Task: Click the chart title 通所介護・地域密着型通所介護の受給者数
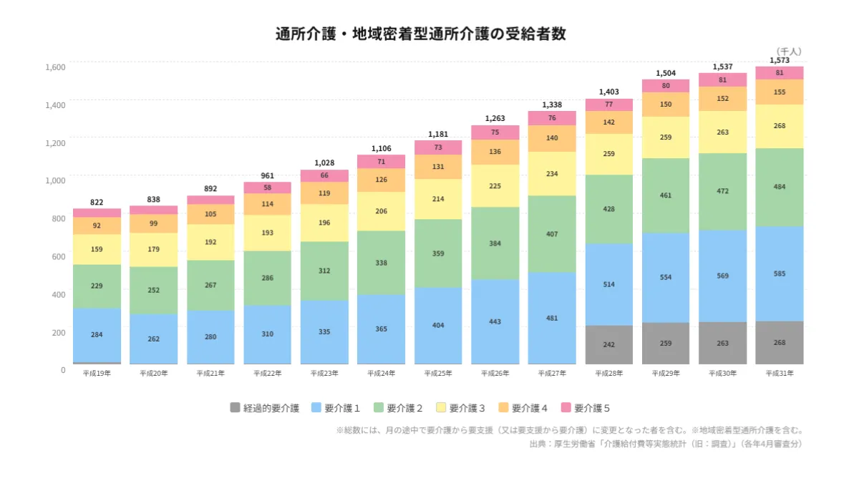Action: point(420,34)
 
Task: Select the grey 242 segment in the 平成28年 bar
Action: point(609,344)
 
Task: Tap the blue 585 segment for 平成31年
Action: point(779,273)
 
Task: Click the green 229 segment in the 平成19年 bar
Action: point(97,286)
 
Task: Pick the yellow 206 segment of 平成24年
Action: point(381,211)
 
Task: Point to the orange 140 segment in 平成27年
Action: point(552,138)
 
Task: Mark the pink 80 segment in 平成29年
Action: point(666,86)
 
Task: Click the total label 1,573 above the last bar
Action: point(779,60)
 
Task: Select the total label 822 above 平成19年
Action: point(97,203)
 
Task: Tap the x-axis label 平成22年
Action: point(267,373)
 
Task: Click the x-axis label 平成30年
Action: point(722,373)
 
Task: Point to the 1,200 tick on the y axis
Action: point(56,142)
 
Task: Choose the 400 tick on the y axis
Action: point(58,294)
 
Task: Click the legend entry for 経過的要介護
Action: point(264,408)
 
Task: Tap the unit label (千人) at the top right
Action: point(788,52)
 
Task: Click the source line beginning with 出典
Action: point(666,444)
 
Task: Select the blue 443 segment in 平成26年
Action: point(495,321)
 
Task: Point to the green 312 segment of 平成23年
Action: point(324,271)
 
